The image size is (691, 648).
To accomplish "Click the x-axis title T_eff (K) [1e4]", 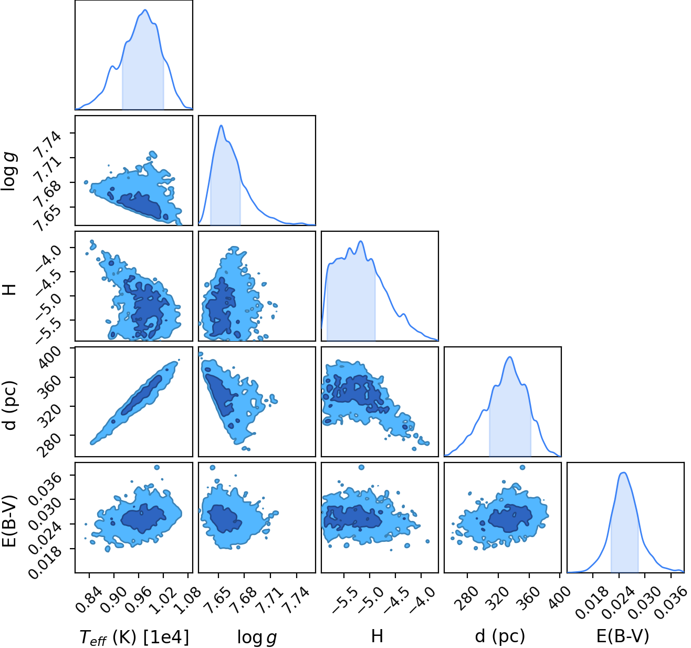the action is [x=134, y=637].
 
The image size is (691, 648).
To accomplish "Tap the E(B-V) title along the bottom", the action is [x=623, y=636].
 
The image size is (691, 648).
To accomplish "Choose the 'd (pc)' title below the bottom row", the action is [x=500, y=636].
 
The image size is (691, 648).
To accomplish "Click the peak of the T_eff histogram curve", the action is [x=145, y=10].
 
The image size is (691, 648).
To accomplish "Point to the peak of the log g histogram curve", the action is [x=221, y=126].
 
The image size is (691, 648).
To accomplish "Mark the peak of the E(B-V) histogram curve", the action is [x=623, y=472].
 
